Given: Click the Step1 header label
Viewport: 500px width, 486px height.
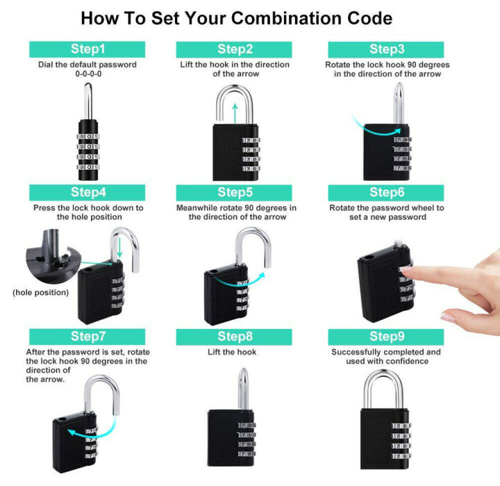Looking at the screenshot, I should pyautogui.click(x=87, y=49).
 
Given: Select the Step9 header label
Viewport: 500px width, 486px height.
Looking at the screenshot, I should pyautogui.click(x=387, y=337).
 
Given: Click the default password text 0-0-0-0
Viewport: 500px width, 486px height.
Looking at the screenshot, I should pyautogui.click(x=87, y=74).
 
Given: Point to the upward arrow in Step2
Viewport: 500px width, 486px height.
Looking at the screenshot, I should pyautogui.click(x=235, y=111).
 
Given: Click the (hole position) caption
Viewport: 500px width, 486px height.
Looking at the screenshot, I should pyautogui.click(x=41, y=293).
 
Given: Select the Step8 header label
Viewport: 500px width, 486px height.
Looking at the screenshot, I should pyautogui.click(x=235, y=337).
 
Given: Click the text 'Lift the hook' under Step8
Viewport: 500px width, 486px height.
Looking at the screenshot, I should pyautogui.click(x=232, y=353).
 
